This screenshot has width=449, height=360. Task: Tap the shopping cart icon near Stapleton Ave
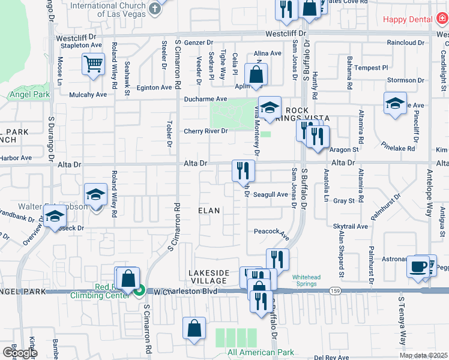[93, 64]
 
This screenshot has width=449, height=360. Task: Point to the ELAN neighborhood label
[209, 211]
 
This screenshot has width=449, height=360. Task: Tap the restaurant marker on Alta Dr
[243, 170]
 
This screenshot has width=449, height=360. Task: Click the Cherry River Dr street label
[206, 131]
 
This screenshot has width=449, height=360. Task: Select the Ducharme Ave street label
[206, 98]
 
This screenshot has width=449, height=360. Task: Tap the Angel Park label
[24, 94]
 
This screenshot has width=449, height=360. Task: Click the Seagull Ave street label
[270, 194]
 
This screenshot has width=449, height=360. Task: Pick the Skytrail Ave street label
[354, 227]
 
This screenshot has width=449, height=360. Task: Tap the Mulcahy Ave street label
[88, 94]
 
